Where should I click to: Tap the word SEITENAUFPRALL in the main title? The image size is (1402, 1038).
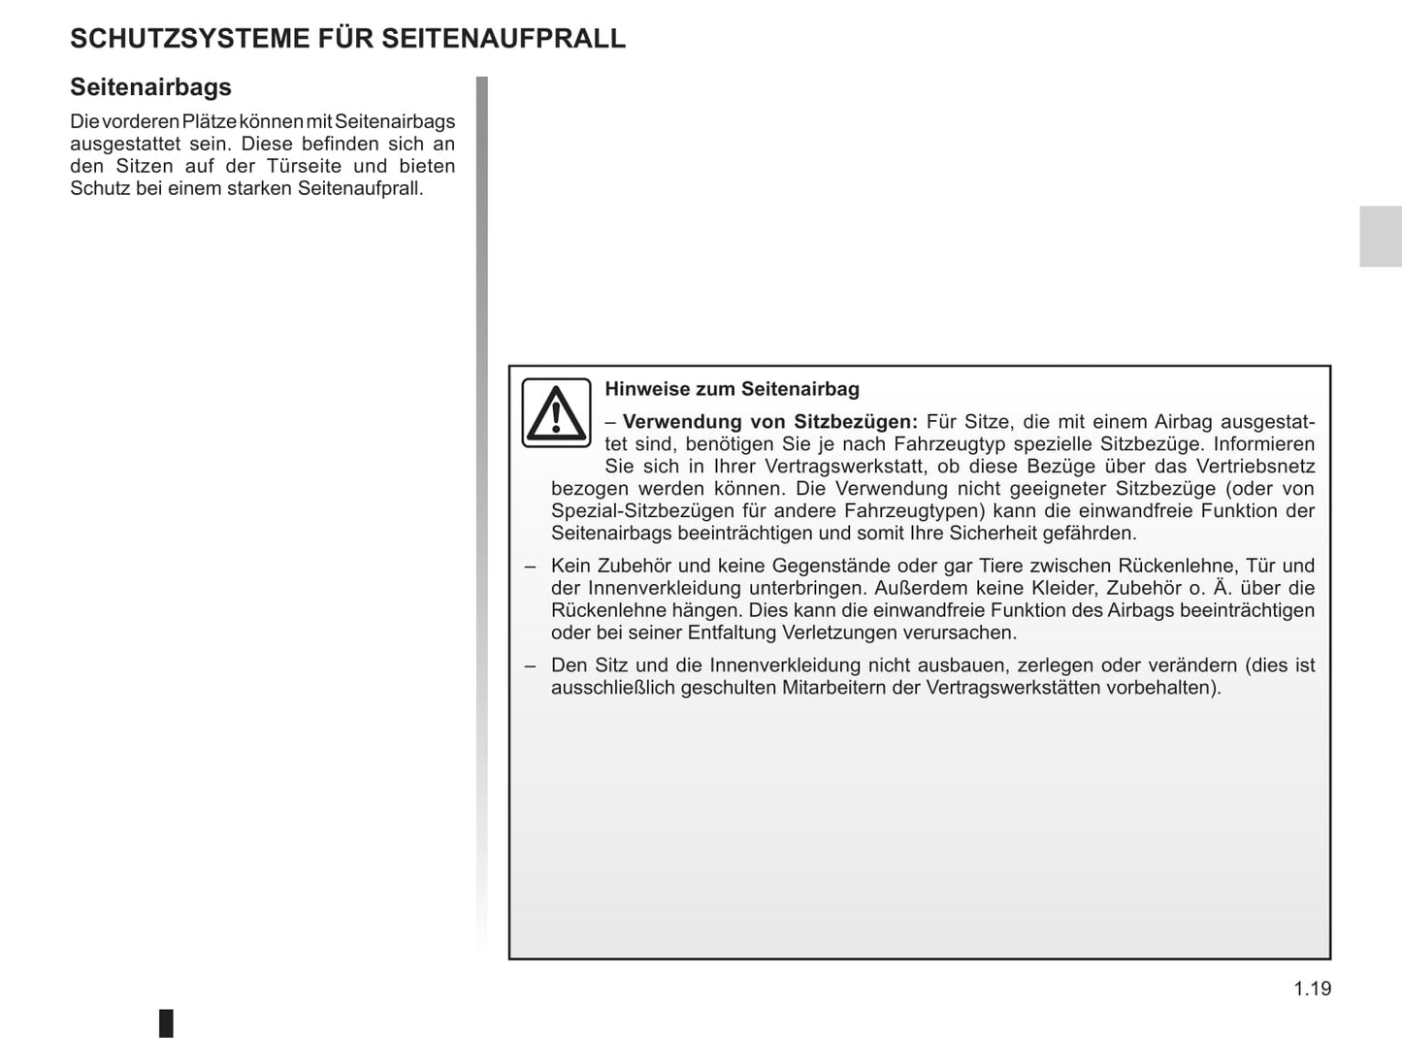[x=503, y=39]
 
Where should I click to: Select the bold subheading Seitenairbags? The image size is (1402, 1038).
[x=150, y=87]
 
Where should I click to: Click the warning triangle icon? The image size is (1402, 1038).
[x=556, y=412]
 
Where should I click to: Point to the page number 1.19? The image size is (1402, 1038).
[x=1312, y=989]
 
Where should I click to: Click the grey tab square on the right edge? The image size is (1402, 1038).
[x=1380, y=236]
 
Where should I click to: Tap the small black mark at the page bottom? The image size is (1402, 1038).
[x=166, y=1022]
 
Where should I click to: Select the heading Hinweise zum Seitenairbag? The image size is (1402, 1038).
[x=732, y=389]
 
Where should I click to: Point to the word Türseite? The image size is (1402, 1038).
[x=305, y=166]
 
